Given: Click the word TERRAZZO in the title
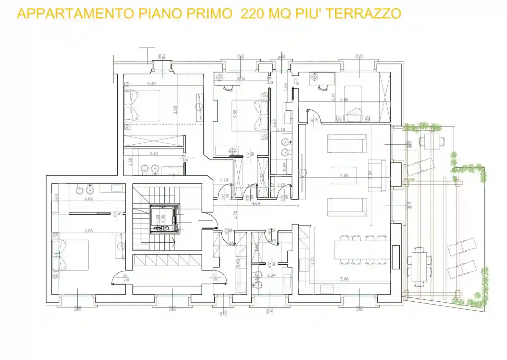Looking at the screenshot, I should click(363, 14).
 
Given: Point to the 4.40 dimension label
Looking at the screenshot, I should click(151, 84).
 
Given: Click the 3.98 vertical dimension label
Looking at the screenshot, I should click(175, 110).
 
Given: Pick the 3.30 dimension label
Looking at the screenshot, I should click(153, 154).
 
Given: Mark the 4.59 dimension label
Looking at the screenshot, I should click(235, 114).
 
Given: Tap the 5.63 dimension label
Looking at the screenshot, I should click(274, 123).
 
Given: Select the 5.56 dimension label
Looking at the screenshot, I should click(370, 175).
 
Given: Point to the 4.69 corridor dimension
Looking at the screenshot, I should click(256, 203).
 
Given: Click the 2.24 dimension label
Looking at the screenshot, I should click(271, 275).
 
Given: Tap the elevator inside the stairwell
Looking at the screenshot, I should click(165, 219).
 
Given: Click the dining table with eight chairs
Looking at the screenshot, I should click(363, 250).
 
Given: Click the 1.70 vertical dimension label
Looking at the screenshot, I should click(235, 215).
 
